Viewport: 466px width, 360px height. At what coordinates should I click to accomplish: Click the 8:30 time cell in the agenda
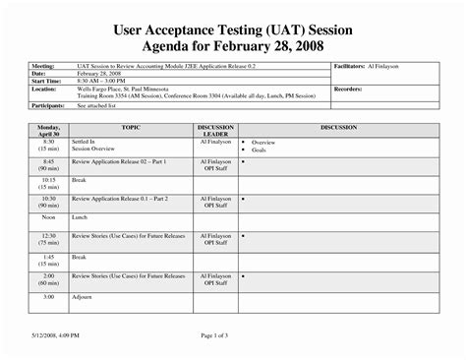(x=48, y=146)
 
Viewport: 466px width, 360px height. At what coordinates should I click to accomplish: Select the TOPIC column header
(x=131, y=128)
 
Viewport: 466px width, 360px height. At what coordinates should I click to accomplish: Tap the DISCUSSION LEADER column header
(x=215, y=132)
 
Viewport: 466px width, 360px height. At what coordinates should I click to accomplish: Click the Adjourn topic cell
(x=82, y=296)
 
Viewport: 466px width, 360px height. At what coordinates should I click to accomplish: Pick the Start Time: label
(x=46, y=81)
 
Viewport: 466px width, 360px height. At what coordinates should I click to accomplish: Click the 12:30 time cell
(x=48, y=240)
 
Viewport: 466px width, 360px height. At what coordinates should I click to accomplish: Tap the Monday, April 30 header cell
(x=48, y=132)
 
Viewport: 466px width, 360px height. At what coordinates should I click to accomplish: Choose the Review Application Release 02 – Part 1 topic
(x=119, y=160)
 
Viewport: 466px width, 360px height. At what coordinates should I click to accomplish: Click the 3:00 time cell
(x=48, y=296)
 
